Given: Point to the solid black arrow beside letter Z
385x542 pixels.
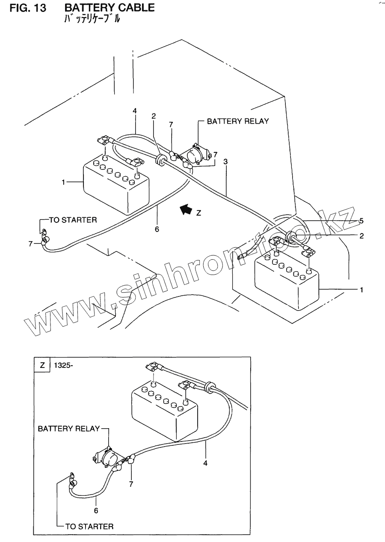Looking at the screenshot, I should point(186,209).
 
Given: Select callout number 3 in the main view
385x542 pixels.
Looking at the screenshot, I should point(225,162).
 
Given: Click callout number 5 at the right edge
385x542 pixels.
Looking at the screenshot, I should point(361,221).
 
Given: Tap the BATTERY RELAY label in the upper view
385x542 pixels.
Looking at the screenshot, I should point(238,121).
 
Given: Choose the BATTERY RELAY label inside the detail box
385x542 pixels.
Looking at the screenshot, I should point(68,428).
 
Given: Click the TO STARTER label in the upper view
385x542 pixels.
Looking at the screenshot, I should point(73,220).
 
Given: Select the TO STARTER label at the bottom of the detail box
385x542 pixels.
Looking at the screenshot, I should point(89,526).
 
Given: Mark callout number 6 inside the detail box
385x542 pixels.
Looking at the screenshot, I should point(96,510).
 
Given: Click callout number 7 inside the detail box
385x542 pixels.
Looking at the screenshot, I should point(131,484).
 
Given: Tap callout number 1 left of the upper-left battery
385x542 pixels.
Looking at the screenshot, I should point(63,182).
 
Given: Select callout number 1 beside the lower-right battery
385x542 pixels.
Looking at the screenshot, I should point(361,290).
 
